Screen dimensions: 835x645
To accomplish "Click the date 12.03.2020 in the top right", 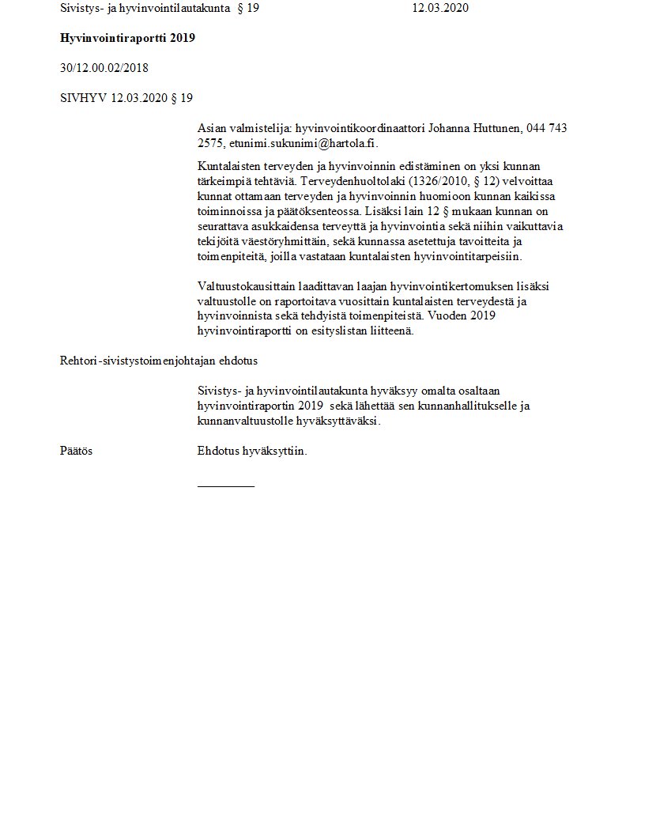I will click(x=441, y=9).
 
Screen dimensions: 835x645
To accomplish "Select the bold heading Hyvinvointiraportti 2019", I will click(x=127, y=38).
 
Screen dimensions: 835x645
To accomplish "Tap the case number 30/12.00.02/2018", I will click(x=104, y=68).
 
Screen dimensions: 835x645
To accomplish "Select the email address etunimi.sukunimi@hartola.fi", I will click(x=303, y=143).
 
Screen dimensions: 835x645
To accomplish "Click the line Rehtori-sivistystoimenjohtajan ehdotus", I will click(x=159, y=361).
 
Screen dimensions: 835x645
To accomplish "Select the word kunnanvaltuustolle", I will click(x=246, y=421).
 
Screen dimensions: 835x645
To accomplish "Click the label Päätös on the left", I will click(x=77, y=451).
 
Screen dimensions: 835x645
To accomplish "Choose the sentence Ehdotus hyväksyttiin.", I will click(x=252, y=451).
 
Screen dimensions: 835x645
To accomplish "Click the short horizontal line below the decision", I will click(x=226, y=486).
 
